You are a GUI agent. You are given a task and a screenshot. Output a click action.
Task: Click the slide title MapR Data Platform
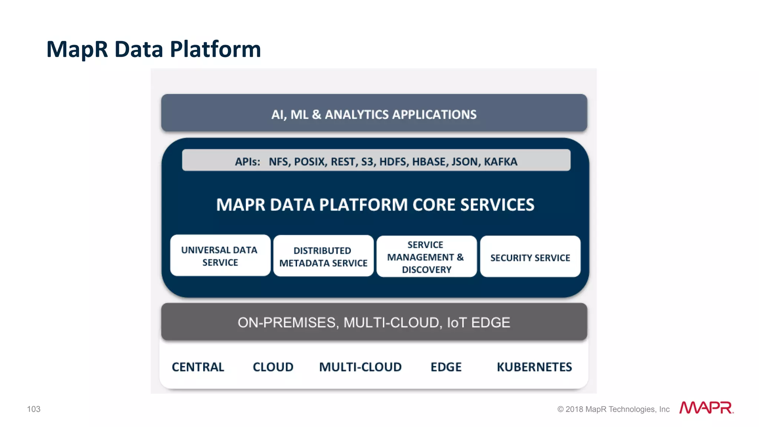[153, 49]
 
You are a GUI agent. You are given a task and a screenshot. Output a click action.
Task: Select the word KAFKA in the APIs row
[500, 162]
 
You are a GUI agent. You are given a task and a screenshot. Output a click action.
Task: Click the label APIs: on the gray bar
[247, 162]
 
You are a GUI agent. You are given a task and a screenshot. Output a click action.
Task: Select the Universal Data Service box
[220, 256]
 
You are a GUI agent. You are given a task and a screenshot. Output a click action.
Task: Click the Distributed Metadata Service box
[323, 256]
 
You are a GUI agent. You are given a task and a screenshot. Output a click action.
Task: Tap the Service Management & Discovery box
[426, 257]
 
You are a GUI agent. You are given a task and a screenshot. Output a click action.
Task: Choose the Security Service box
[530, 257]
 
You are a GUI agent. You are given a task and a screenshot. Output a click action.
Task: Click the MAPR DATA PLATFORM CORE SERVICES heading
[375, 205]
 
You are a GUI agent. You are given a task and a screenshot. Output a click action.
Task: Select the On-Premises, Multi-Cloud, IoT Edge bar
[374, 322]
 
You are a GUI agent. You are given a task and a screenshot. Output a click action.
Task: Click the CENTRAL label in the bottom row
[198, 367]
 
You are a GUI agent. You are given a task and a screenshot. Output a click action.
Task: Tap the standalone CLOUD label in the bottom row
[273, 367]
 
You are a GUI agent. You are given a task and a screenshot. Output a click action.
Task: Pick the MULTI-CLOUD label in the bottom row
[360, 367]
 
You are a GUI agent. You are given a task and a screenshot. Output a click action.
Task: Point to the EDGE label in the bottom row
[446, 367]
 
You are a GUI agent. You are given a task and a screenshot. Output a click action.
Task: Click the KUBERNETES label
[534, 367]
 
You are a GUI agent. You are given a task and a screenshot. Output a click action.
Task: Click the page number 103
[34, 409]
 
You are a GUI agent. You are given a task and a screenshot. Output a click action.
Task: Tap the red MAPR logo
[706, 408]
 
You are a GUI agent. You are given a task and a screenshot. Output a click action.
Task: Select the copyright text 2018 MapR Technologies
[613, 409]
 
